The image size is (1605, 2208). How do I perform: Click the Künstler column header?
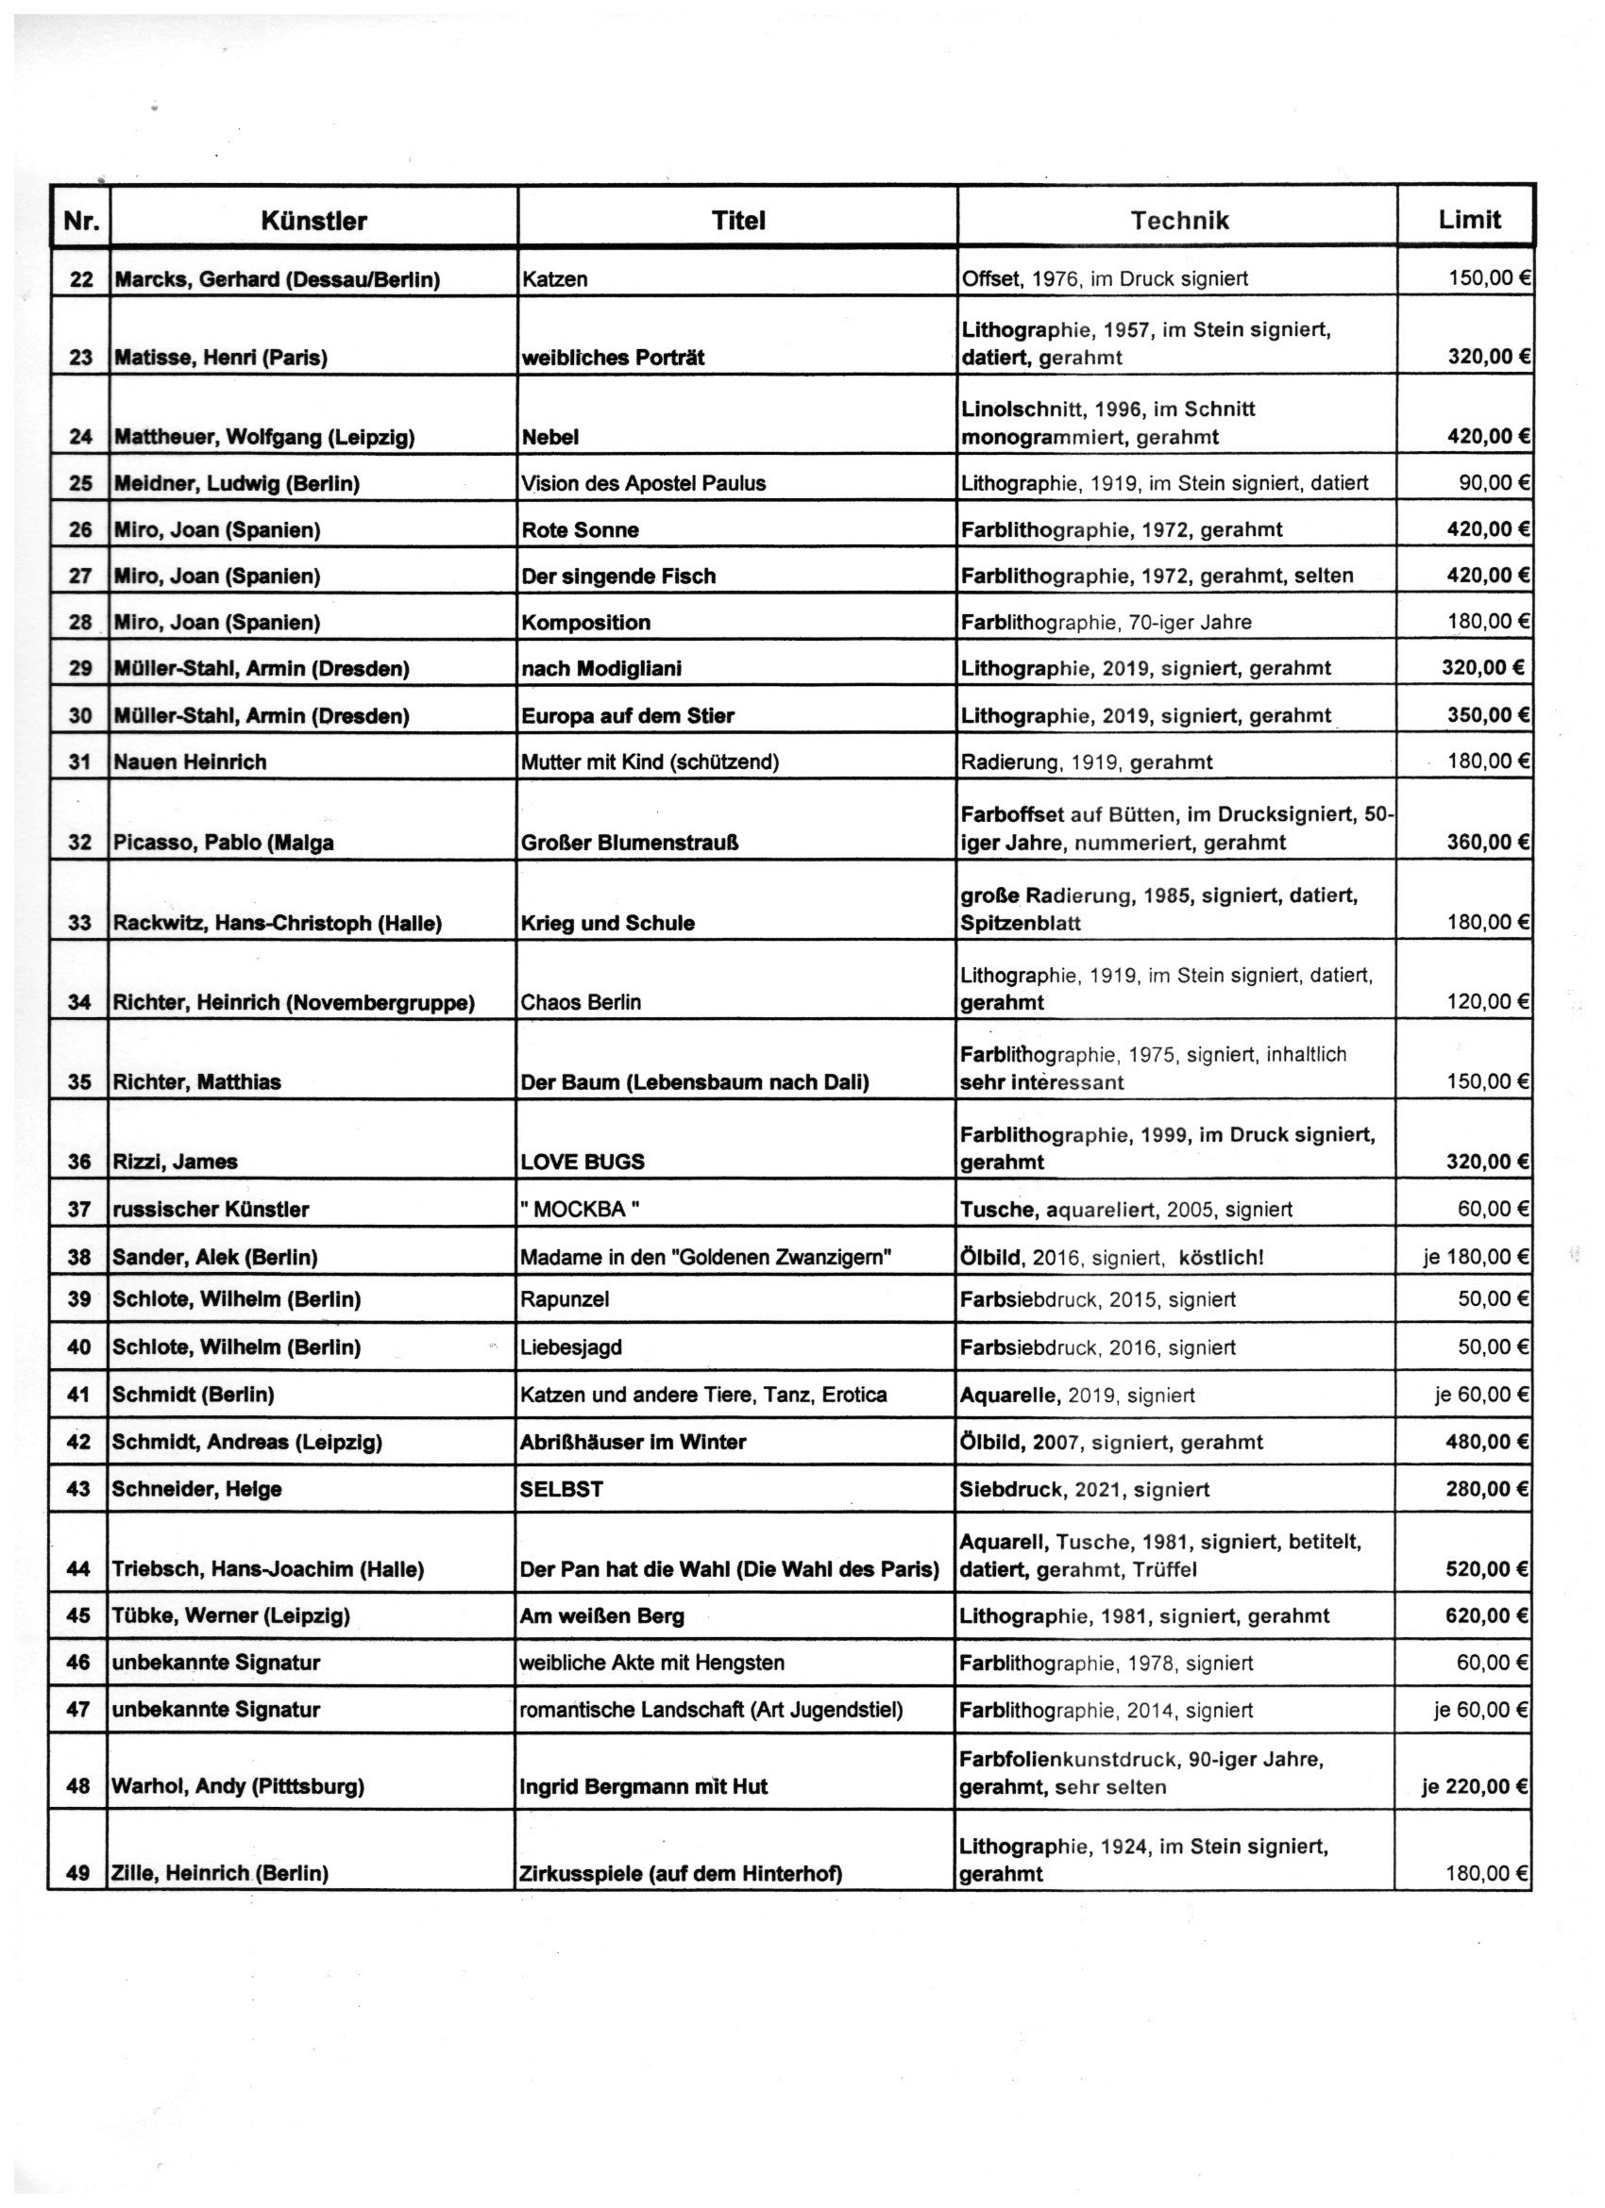click(x=313, y=221)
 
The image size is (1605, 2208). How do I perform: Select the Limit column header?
click(x=1469, y=219)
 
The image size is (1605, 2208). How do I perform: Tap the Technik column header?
click(x=1178, y=220)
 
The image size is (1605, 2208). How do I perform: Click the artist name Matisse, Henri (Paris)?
click(x=221, y=358)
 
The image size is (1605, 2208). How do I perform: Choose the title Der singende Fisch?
click(x=618, y=576)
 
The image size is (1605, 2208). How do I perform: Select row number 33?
click(x=80, y=923)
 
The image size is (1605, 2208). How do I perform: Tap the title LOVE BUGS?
click(x=583, y=1162)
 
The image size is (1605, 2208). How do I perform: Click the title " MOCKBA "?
click(x=581, y=1209)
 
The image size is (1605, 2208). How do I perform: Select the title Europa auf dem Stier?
click(x=628, y=715)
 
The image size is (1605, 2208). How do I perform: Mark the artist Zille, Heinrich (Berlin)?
click(x=220, y=1873)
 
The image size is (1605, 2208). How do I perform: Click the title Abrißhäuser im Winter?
click(x=634, y=1442)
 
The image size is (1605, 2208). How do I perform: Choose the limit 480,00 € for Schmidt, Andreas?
click(x=1486, y=1441)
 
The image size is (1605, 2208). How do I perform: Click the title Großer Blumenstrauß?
click(x=629, y=842)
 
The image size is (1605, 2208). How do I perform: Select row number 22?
click(x=81, y=279)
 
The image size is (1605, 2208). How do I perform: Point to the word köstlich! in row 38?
click(x=1222, y=1257)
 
